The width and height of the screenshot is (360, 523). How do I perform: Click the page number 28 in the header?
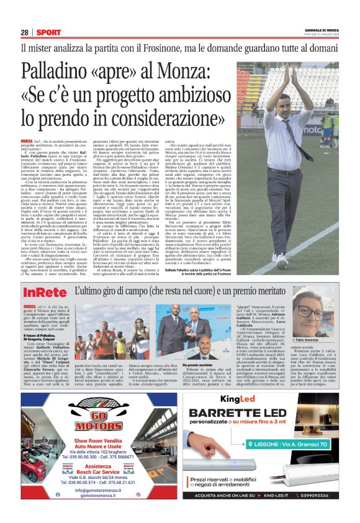pos(25,32)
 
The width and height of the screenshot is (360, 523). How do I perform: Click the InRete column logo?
pos(45,292)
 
